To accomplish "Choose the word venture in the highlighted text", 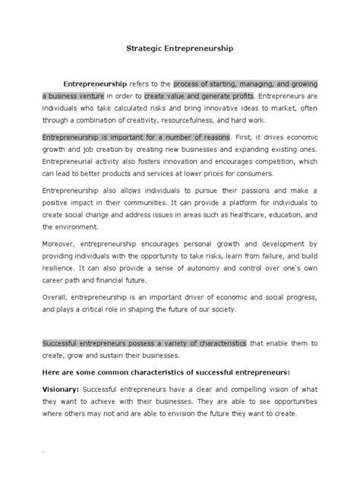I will click(99, 96).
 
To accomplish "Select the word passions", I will click(259, 193).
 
